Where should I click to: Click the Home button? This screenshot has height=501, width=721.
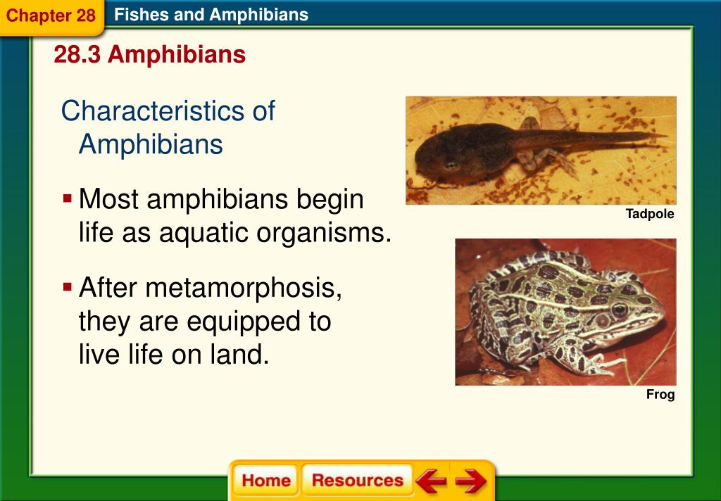pos(265,481)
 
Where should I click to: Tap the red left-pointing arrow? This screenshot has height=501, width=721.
pos(431,481)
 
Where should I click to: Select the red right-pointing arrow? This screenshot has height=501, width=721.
pos(470,481)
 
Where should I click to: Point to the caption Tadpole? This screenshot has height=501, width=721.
pos(650,214)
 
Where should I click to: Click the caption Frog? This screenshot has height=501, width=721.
pos(660,395)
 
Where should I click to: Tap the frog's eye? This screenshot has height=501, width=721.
pos(619,309)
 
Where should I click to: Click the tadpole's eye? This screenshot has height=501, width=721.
pos(449,165)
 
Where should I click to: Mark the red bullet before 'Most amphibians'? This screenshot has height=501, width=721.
pos(68,199)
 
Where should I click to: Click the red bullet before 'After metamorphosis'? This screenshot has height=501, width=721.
pos(68,288)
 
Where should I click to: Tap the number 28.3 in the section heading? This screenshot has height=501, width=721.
pos(77,55)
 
